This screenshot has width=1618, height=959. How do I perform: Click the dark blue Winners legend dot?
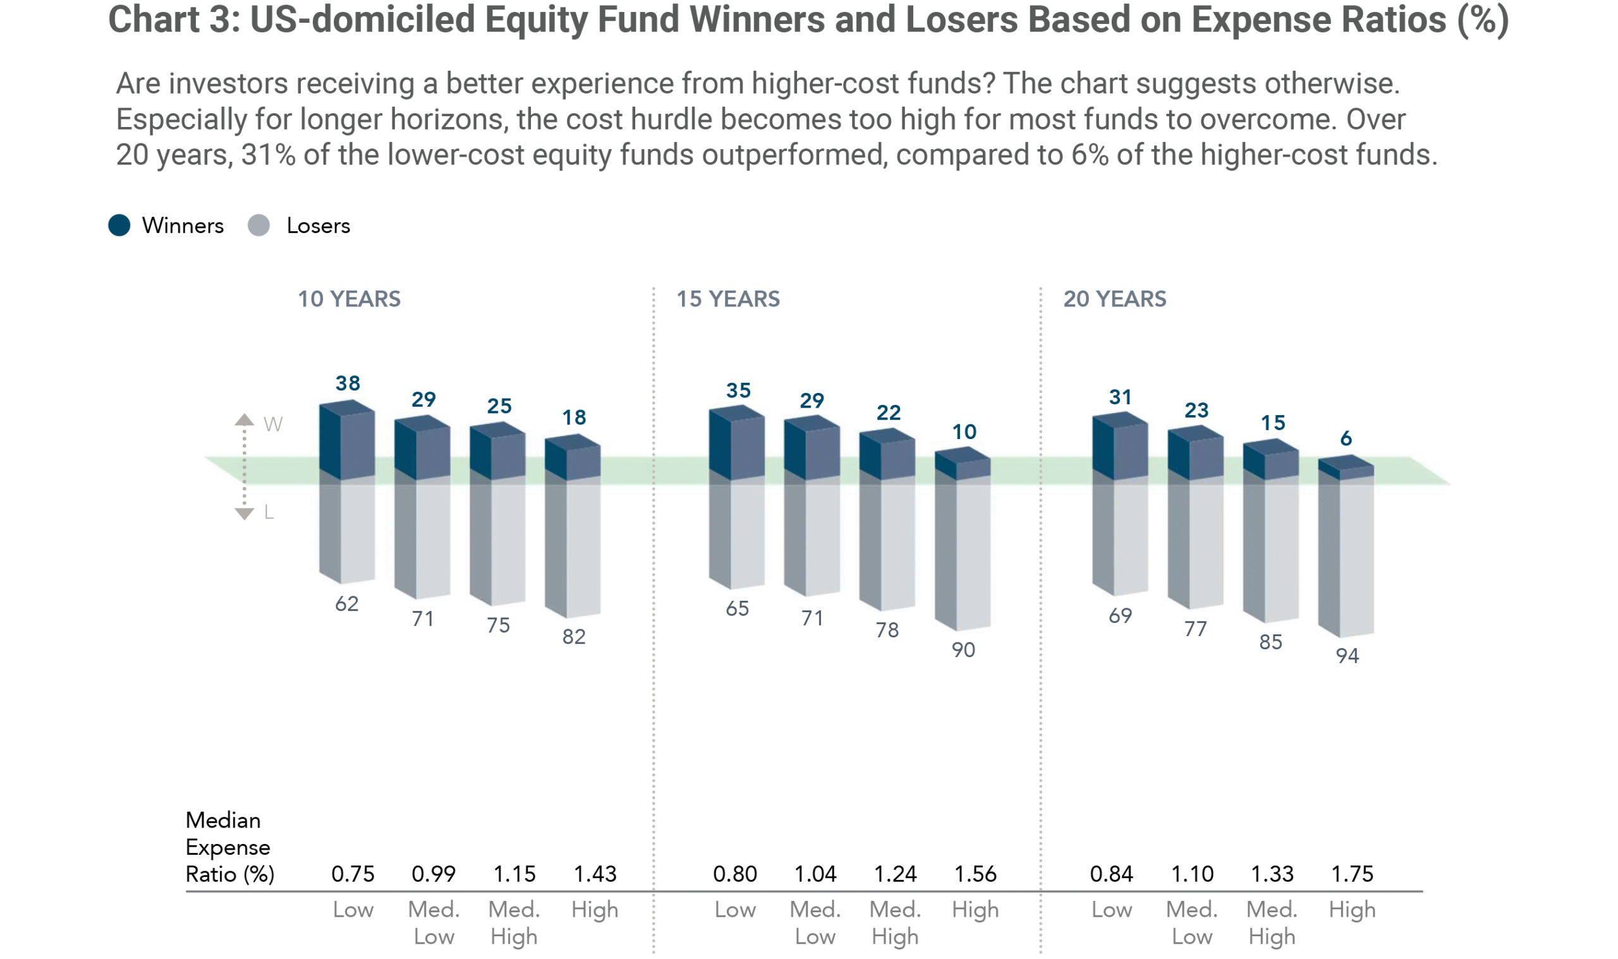click(x=119, y=226)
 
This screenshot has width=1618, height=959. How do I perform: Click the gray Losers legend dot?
click(x=259, y=226)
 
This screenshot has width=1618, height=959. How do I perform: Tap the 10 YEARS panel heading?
click(x=348, y=299)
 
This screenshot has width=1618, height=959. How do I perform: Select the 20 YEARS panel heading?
click(x=1114, y=299)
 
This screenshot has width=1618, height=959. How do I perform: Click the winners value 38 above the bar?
click(x=348, y=383)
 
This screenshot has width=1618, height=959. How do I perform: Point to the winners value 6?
click(x=1346, y=439)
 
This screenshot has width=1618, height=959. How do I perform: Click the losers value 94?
click(x=1347, y=656)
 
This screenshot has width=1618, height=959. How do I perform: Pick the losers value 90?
click(x=963, y=649)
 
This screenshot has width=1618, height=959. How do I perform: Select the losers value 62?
click(x=346, y=603)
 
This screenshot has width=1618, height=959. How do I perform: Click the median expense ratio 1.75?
click(x=1352, y=874)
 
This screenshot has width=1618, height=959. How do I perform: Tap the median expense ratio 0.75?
click(x=352, y=874)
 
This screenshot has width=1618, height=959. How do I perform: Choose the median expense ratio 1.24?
click(x=895, y=874)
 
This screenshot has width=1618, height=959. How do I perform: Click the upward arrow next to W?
click(x=244, y=419)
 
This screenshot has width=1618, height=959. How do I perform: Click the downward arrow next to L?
click(x=244, y=514)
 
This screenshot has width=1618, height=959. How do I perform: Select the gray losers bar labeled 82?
click(x=573, y=549)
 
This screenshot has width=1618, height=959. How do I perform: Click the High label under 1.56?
click(x=975, y=910)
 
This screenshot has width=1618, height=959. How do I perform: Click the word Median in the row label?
click(x=223, y=820)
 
